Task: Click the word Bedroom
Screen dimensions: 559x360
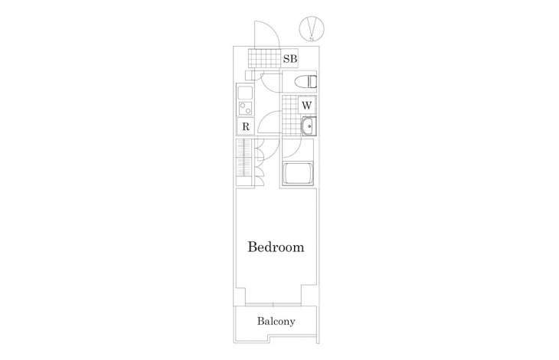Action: point(276,247)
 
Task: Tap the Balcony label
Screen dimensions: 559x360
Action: point(276,322)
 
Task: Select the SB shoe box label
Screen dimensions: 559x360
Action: point(290,58)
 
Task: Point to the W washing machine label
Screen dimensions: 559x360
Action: point(307,106)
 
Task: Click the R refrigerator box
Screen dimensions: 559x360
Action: point(246,126)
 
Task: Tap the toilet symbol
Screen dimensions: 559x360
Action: point(306,82)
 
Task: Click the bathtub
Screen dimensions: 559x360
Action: point(298,174)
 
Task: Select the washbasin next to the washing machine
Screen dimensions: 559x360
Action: point(308,126)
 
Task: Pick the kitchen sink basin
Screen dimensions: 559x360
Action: point(245,93)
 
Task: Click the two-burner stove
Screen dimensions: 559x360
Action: point(245,108)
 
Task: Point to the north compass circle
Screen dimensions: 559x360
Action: point(312,28)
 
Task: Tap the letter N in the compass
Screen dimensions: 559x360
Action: point(312,38)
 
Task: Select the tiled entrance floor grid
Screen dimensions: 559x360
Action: point(265,57)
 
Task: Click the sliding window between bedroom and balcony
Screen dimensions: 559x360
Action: point(273,304)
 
